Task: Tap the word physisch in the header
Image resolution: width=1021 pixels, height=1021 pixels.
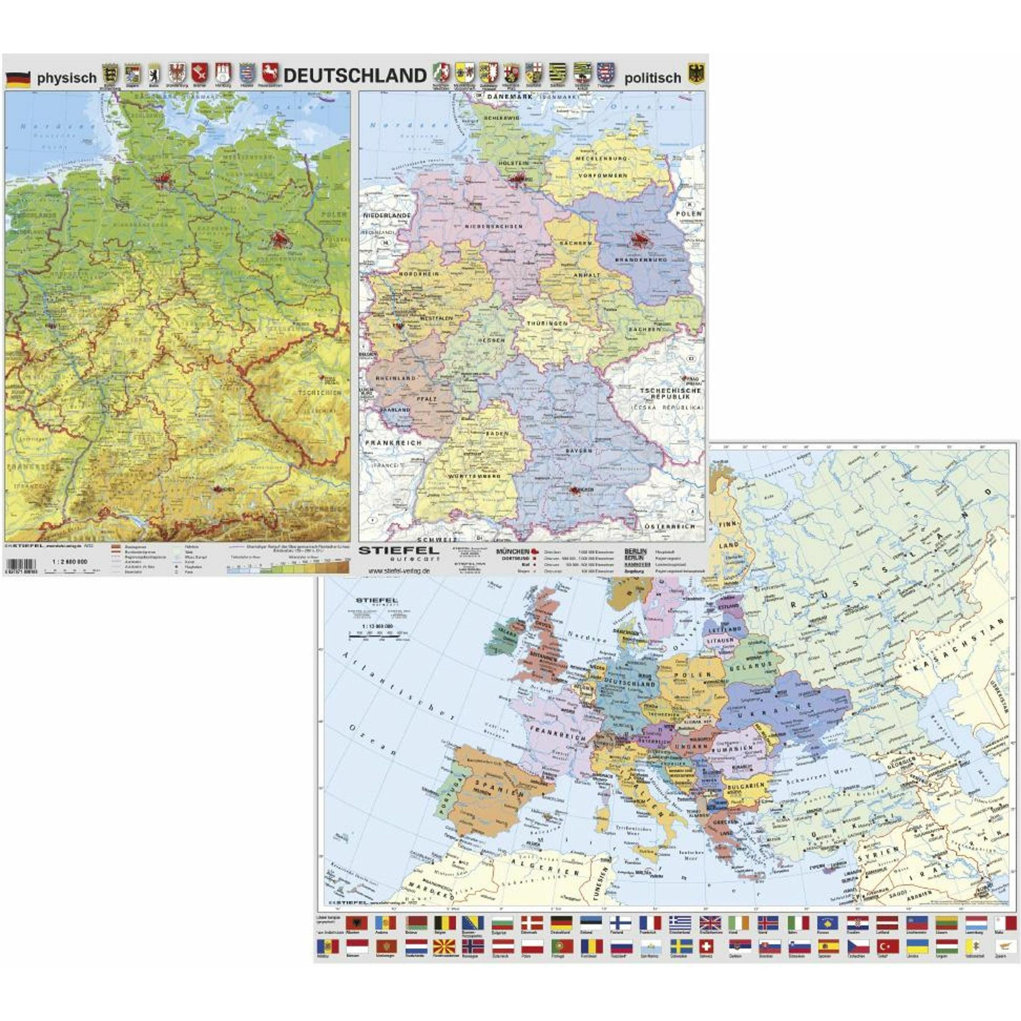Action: coord(67,78)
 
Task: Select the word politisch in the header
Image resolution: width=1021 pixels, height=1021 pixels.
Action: coord(653,78)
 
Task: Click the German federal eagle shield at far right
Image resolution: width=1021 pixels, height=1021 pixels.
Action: coord(697,74)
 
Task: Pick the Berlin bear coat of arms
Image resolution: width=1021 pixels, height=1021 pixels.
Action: coord(154,74)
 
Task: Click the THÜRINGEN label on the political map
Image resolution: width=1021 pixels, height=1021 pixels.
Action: coord(546,323)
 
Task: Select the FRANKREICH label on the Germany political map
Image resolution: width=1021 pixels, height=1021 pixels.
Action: coord(393,443)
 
